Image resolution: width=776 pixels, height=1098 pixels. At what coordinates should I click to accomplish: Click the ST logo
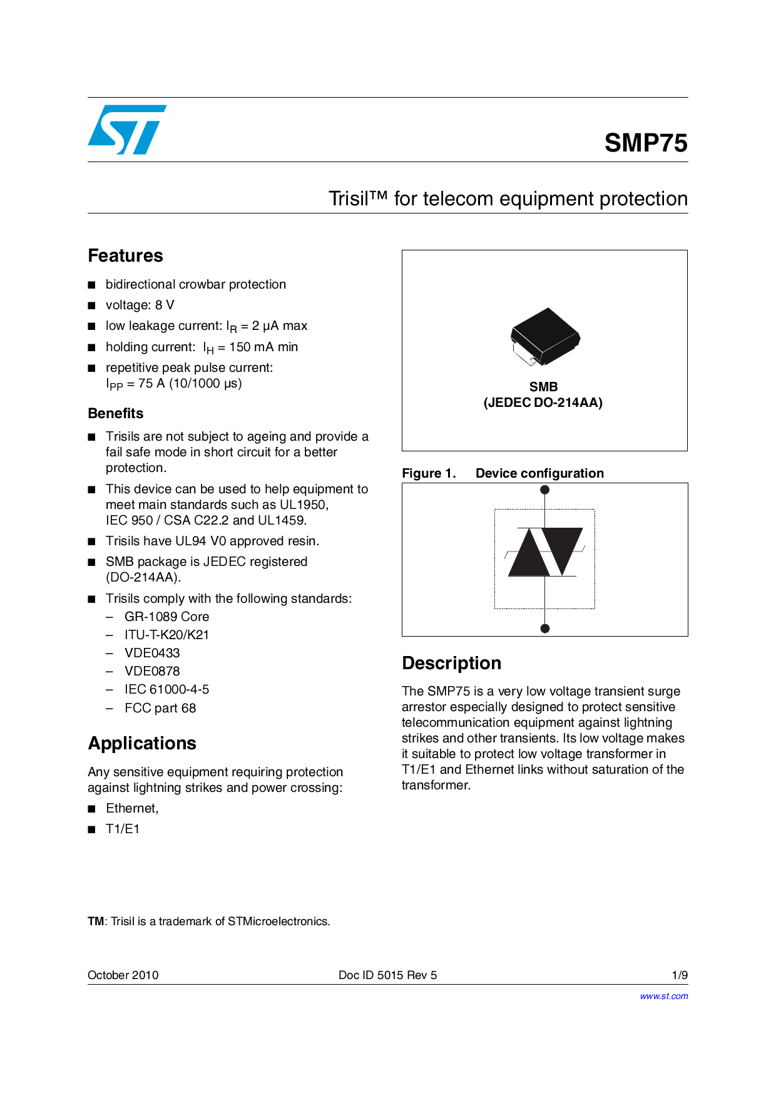127,130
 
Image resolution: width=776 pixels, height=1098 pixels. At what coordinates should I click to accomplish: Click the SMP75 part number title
646,143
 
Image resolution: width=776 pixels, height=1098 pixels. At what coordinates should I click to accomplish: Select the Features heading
125,255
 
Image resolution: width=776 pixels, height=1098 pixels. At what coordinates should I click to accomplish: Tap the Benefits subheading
116,413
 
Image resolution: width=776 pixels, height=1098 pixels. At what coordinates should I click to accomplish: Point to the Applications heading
142,743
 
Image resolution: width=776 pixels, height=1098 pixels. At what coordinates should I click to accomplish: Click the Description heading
451,663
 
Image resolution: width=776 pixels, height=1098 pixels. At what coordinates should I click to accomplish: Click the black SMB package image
544,336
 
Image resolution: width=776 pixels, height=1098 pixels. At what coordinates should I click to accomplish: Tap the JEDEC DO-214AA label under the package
543,403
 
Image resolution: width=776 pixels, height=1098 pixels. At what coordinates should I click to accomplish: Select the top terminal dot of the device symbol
545,490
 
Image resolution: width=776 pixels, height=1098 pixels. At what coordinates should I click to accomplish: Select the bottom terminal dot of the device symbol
545,629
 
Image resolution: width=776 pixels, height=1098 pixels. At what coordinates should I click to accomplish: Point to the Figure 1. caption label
429,473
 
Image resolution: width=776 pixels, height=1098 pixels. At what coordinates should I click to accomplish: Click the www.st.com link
663,996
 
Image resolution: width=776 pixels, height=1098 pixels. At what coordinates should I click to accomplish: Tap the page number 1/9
680,975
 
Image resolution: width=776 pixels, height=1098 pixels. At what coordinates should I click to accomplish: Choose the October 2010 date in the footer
123,975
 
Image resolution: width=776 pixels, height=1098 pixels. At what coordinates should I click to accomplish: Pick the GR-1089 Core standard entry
166,617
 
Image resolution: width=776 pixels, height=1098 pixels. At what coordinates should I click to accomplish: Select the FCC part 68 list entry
160,708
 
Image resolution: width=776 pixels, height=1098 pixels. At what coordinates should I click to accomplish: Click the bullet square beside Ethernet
92,809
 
